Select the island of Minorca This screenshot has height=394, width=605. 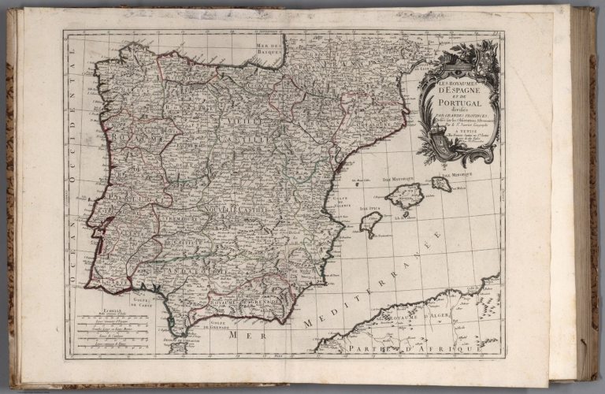(x=441, y=184)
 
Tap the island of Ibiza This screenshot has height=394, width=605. (x=370, y=223)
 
